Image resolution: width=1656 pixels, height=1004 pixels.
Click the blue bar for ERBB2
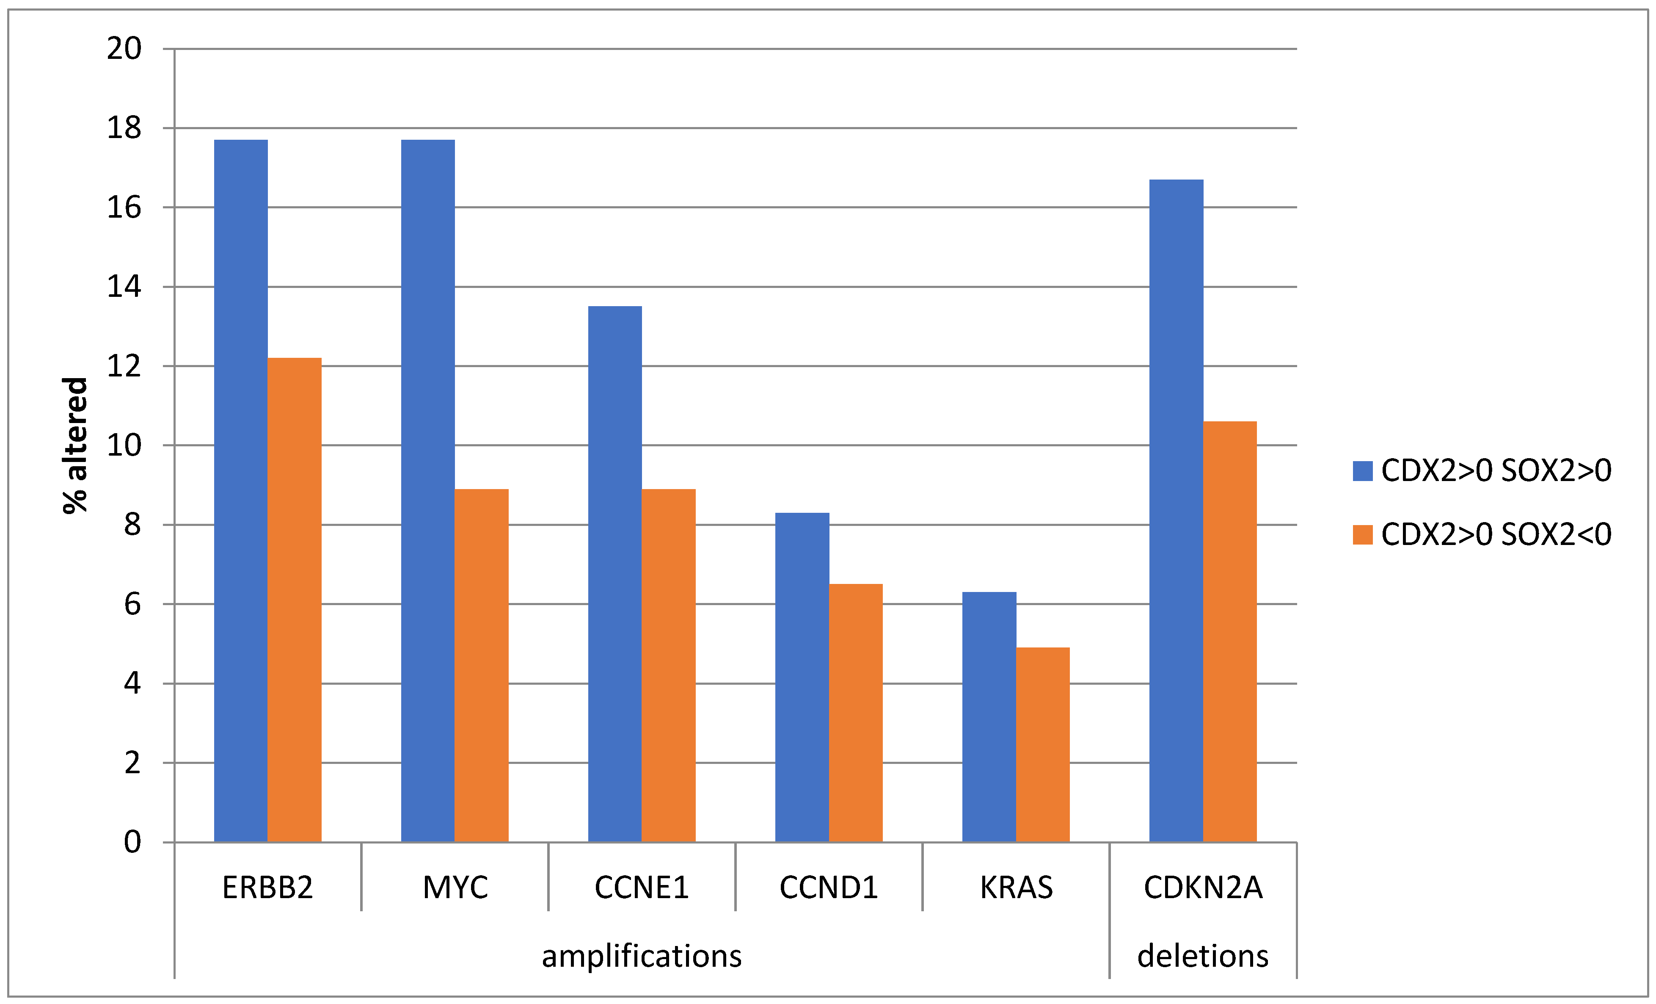(241, 491)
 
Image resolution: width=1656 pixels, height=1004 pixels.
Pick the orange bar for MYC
(481, 666)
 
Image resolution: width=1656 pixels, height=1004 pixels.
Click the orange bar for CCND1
(856, 713)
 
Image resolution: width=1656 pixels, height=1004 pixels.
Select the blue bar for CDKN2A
(1176, 511)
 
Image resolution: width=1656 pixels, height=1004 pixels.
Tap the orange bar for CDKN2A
(1230, 632)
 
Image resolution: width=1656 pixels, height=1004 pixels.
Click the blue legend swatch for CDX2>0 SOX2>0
(1362, 471)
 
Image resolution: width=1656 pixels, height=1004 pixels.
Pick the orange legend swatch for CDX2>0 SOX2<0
(1362, 535)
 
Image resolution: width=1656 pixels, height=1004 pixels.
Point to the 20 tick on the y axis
(124, 48)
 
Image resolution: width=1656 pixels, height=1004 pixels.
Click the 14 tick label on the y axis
(124, 287)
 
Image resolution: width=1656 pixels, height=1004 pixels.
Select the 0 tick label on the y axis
(132, 842)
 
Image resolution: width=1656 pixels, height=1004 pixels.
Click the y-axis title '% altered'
(75, 445)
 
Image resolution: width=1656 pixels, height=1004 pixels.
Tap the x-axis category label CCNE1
(642, 888)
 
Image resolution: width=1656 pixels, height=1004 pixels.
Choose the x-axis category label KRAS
(1016, 888)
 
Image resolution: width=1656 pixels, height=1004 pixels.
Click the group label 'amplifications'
(642, 956)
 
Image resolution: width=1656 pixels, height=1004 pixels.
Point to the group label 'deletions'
(1203, 956)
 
